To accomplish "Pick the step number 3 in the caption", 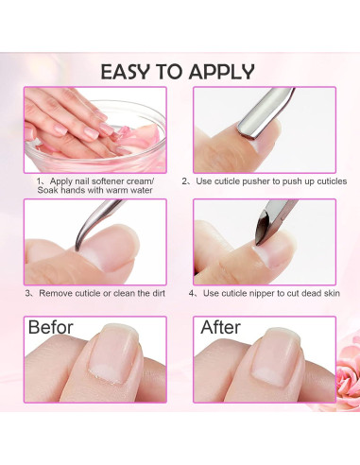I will pos(28,293).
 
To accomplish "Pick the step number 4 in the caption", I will pos(192,293).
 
